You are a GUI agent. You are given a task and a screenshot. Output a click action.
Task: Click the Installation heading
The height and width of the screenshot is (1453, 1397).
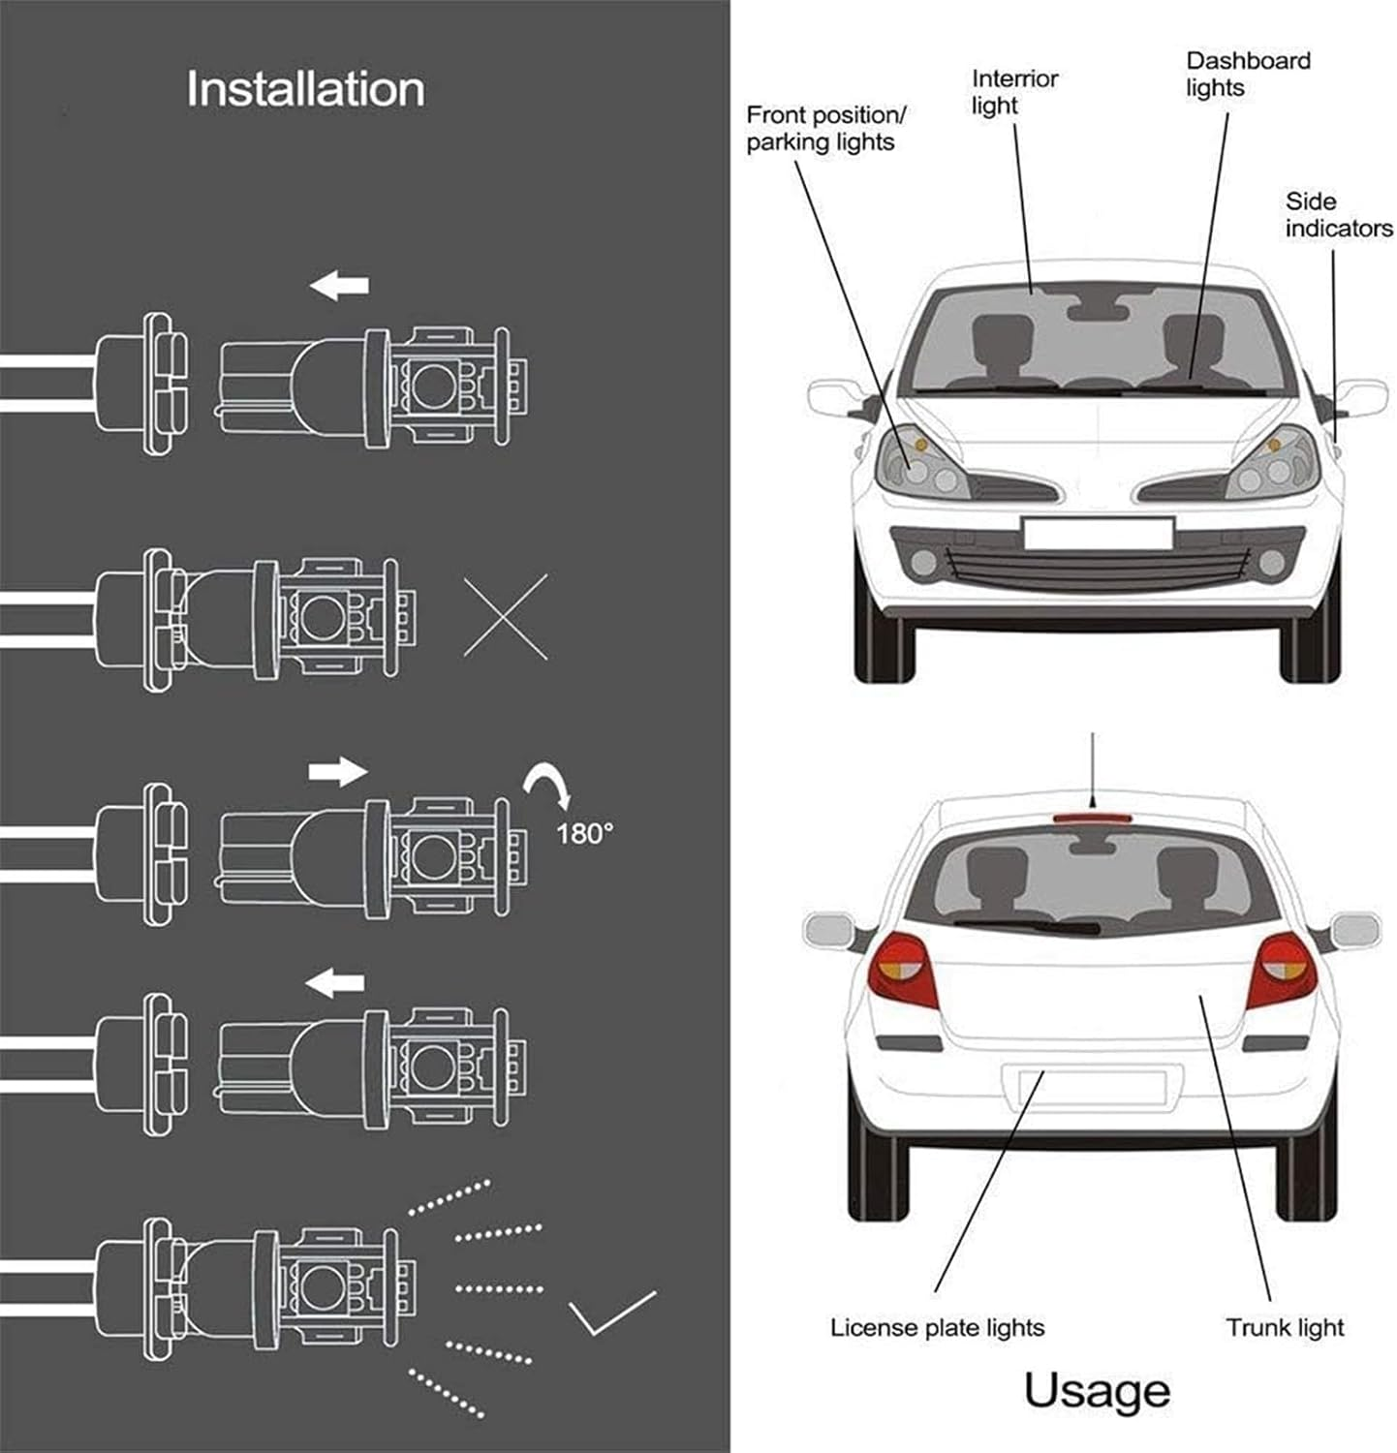[305, 89]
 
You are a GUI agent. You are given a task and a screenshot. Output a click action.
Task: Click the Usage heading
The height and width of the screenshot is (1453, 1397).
[1097, 1392]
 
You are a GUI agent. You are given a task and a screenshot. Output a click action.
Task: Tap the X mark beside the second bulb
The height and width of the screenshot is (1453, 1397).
[506, 617]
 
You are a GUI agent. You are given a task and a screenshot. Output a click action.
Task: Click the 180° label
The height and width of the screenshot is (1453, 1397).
[584, 833]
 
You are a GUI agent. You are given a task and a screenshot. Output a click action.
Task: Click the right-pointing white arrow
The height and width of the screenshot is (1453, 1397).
[338, 772]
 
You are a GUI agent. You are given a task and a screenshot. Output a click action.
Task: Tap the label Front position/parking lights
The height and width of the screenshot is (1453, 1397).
[824, 129]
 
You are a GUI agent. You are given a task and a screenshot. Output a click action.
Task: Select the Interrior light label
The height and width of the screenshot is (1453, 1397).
[1014, 92]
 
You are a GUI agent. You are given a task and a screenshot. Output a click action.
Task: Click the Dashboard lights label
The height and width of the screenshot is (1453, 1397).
[1247, 75]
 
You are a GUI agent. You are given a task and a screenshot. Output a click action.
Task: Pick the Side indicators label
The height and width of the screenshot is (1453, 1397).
[1338, 215]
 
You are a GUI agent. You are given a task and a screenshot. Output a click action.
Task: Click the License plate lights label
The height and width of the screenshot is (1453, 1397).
[937, 1327]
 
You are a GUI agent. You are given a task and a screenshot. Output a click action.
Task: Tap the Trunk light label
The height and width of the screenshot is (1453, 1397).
[1285, 1327]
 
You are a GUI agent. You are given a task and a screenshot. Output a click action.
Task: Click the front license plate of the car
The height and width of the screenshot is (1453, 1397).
[1098, 534]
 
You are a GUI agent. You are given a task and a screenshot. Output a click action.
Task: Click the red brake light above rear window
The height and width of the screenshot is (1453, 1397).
[1091, 819]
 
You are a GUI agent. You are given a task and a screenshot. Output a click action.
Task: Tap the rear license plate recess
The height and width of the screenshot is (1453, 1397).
[1091, 1087]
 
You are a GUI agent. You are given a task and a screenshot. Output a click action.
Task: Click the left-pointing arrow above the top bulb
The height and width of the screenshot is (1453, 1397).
[339, 286]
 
